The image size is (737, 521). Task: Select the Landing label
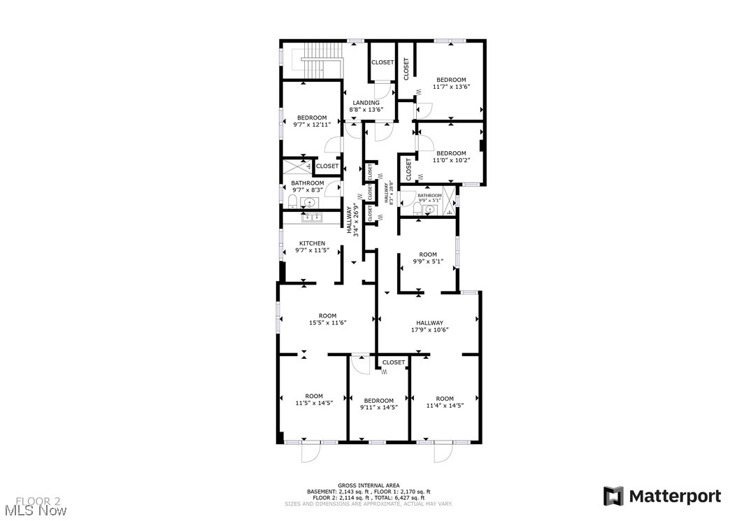click(x=366, y=103)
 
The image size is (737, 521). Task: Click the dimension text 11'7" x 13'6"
click(x=451, y=87)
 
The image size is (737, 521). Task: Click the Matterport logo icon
click(x=613, y=497)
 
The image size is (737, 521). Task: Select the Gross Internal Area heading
click(x=368, y=485)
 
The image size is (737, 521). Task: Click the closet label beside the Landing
click(x=382, y=62)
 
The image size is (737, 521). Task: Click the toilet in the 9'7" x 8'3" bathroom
click(x=292, y=202)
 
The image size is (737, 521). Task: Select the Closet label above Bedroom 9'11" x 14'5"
click(x=394, y=362)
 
